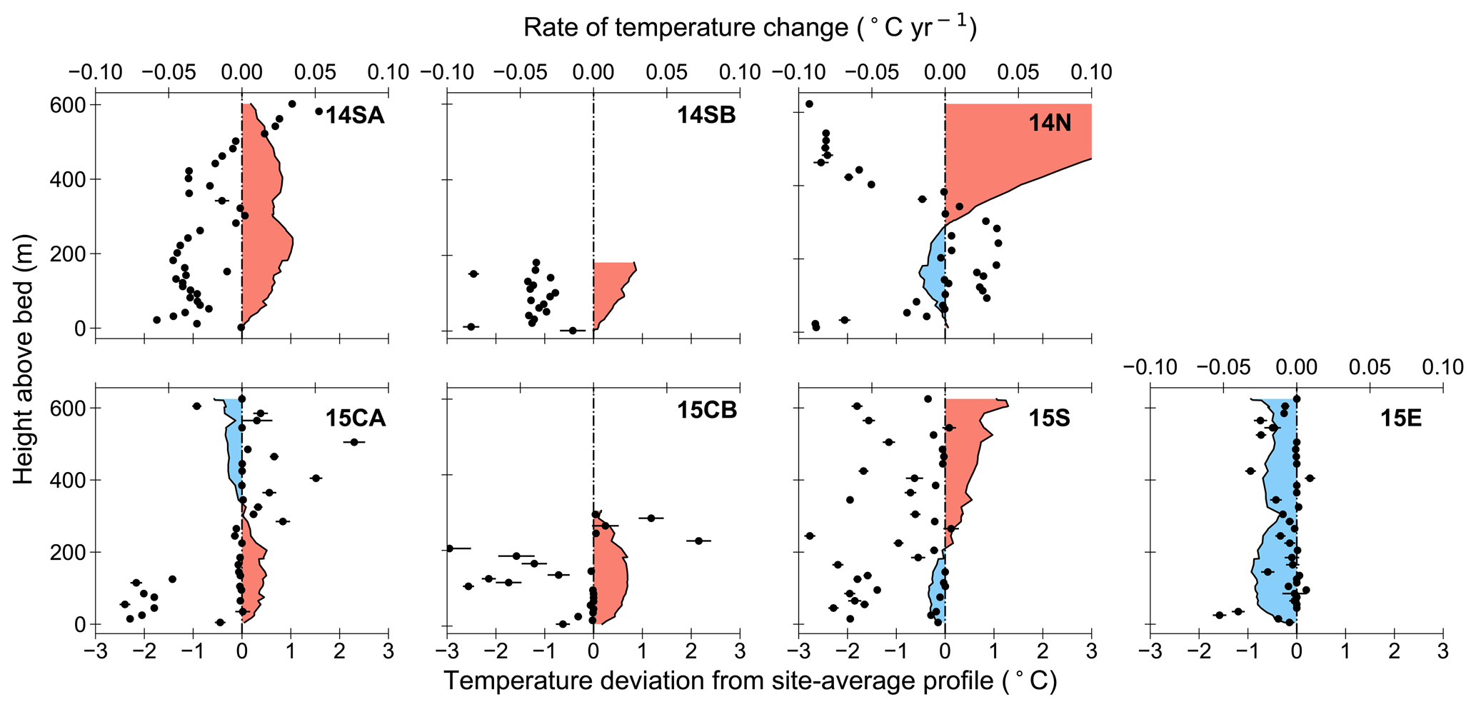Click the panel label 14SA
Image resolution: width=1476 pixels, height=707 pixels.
pyautogui.click(x=355, y=116)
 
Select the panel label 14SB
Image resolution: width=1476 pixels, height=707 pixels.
pyautogui.click(x=706, y=116)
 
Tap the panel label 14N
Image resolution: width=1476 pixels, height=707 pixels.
pyautogui.click(x=1050, y=124)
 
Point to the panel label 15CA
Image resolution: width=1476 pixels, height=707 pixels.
pyautogui.click(x=356, y=418)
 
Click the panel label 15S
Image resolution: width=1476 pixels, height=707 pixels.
pyautogui.click(x=1049, y=418)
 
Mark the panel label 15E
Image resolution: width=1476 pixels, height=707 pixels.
pyautogui.click(x=1400, y=418)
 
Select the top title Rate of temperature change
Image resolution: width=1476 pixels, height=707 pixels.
pyautogui.click(x=750, y=27)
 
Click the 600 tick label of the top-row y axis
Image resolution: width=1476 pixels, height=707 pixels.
pyautogui.click(x=66, y=105)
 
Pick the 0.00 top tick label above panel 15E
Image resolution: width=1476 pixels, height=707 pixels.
pyautogui.click(x=1296, y=367)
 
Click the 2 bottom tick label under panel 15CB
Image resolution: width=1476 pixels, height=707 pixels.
pyautogui.click(x=691, y=652)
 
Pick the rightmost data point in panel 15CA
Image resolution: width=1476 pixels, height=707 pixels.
pyautogui.click(x=353, y=442)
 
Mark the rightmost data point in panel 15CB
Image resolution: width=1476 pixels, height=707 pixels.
pyautogui.click(x=699, y=541)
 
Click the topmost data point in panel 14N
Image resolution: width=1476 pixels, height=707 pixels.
pyautogui.click(x=809, y=104)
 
